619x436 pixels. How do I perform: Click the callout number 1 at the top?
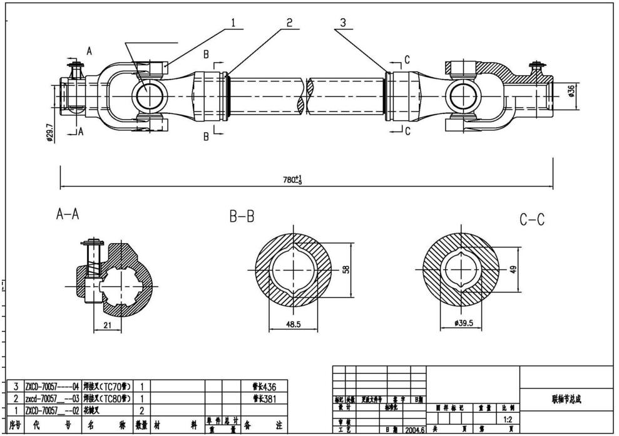pos(233,23)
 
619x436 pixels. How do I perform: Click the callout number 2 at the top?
pos(289,23)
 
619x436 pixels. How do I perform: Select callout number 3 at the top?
pos(343,23)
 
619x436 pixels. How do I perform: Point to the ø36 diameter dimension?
pos(571,91)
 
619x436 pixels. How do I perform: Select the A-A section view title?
pos(68,215)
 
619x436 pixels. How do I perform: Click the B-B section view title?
pos(242,217)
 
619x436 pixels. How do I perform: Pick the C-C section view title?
pos(532,220)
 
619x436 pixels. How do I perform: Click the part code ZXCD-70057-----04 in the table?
pos(52,387)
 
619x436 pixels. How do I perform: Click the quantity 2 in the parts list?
pos(142,410)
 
